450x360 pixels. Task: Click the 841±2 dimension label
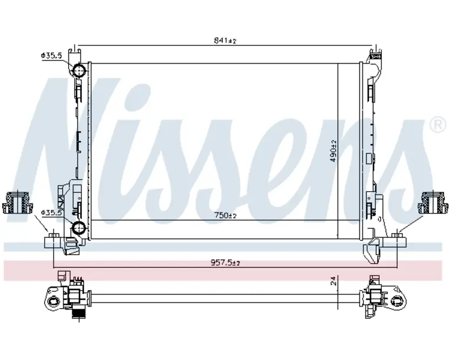tap(225, 41)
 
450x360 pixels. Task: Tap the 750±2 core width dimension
tap(225, 215)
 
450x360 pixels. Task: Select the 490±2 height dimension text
tap(333, 151)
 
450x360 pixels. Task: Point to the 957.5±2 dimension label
tap(225, 263)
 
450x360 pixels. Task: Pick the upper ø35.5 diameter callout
tap(51, 55)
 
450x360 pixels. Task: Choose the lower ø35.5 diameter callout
tap(51, 213)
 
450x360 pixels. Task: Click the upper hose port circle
tap(79, 71)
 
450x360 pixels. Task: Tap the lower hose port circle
tap(79, 228)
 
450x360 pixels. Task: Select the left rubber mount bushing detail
tap(17, 202)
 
